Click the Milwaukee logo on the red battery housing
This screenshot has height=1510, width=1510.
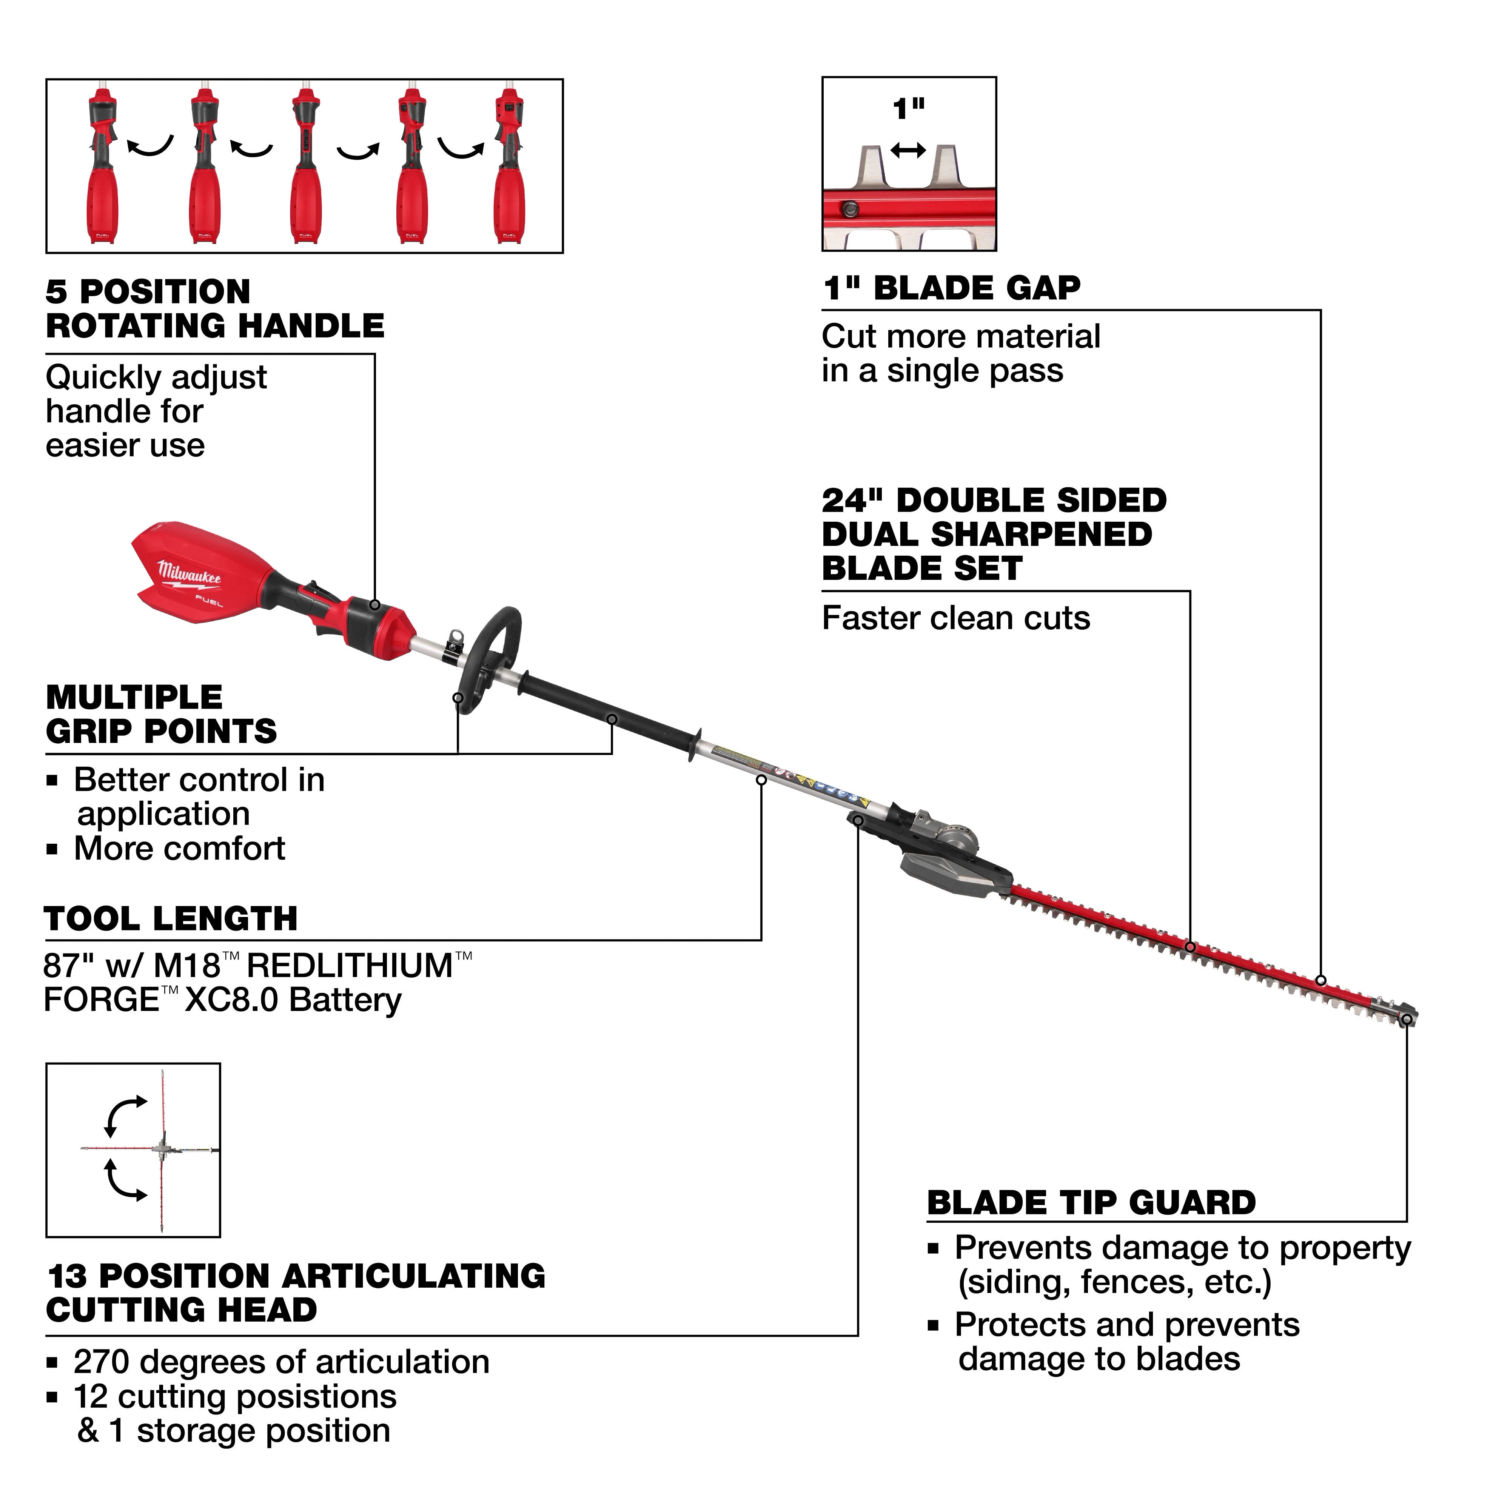point(189,575)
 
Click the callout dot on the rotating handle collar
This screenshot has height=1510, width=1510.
point(375,605)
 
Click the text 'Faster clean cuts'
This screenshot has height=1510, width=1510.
point(955,618)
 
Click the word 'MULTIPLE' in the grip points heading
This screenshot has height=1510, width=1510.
point(134,697)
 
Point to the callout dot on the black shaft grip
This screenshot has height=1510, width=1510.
point(612,719)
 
